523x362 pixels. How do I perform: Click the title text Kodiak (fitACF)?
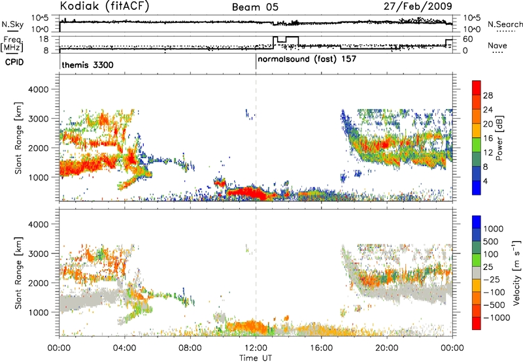point(104,7)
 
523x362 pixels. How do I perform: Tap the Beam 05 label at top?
point(255,7)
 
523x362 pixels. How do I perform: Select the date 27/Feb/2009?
point(418,7)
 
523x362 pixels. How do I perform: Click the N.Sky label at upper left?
point(12,24)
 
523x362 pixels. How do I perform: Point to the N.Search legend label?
point(505,24)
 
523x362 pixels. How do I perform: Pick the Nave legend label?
point(498,45)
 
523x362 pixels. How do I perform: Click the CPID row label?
point(14,62)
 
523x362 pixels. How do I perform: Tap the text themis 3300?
point(88,65)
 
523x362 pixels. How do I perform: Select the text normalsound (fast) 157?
point(307,59)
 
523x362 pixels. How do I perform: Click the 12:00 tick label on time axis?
point(256,348)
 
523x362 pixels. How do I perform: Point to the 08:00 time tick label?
point(190,348)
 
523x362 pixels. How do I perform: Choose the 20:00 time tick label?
point(387,348)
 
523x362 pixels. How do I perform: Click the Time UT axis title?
point(256,358)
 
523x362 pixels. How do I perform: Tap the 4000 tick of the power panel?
point(39,90)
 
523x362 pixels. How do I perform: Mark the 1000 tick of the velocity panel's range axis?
point(39,312)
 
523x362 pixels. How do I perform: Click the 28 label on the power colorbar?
point(488,95)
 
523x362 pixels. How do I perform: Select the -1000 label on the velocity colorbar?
point(496,318)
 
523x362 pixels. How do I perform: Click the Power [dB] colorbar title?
point(499,138)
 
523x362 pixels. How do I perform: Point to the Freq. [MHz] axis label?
point(13,44)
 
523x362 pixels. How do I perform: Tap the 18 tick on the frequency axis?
point(44,39)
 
